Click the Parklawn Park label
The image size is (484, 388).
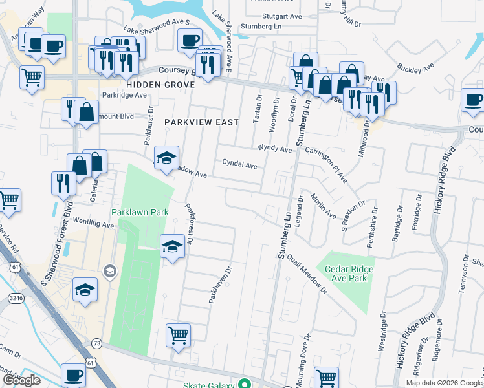coord(140,212)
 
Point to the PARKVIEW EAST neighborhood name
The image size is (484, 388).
coord(201,122)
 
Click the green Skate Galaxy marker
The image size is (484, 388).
coord(244,383)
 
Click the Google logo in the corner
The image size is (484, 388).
coord(21,380)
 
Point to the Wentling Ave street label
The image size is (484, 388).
coord(93,224)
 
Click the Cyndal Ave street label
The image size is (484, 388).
coord(239,165)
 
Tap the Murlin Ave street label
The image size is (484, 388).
coord(322,205)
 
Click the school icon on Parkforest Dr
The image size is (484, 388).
coord(172,245)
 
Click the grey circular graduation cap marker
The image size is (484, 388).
coord(109,270)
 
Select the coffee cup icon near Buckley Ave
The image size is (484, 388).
coord(472,100)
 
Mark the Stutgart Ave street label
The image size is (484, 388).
coord(282,16)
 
